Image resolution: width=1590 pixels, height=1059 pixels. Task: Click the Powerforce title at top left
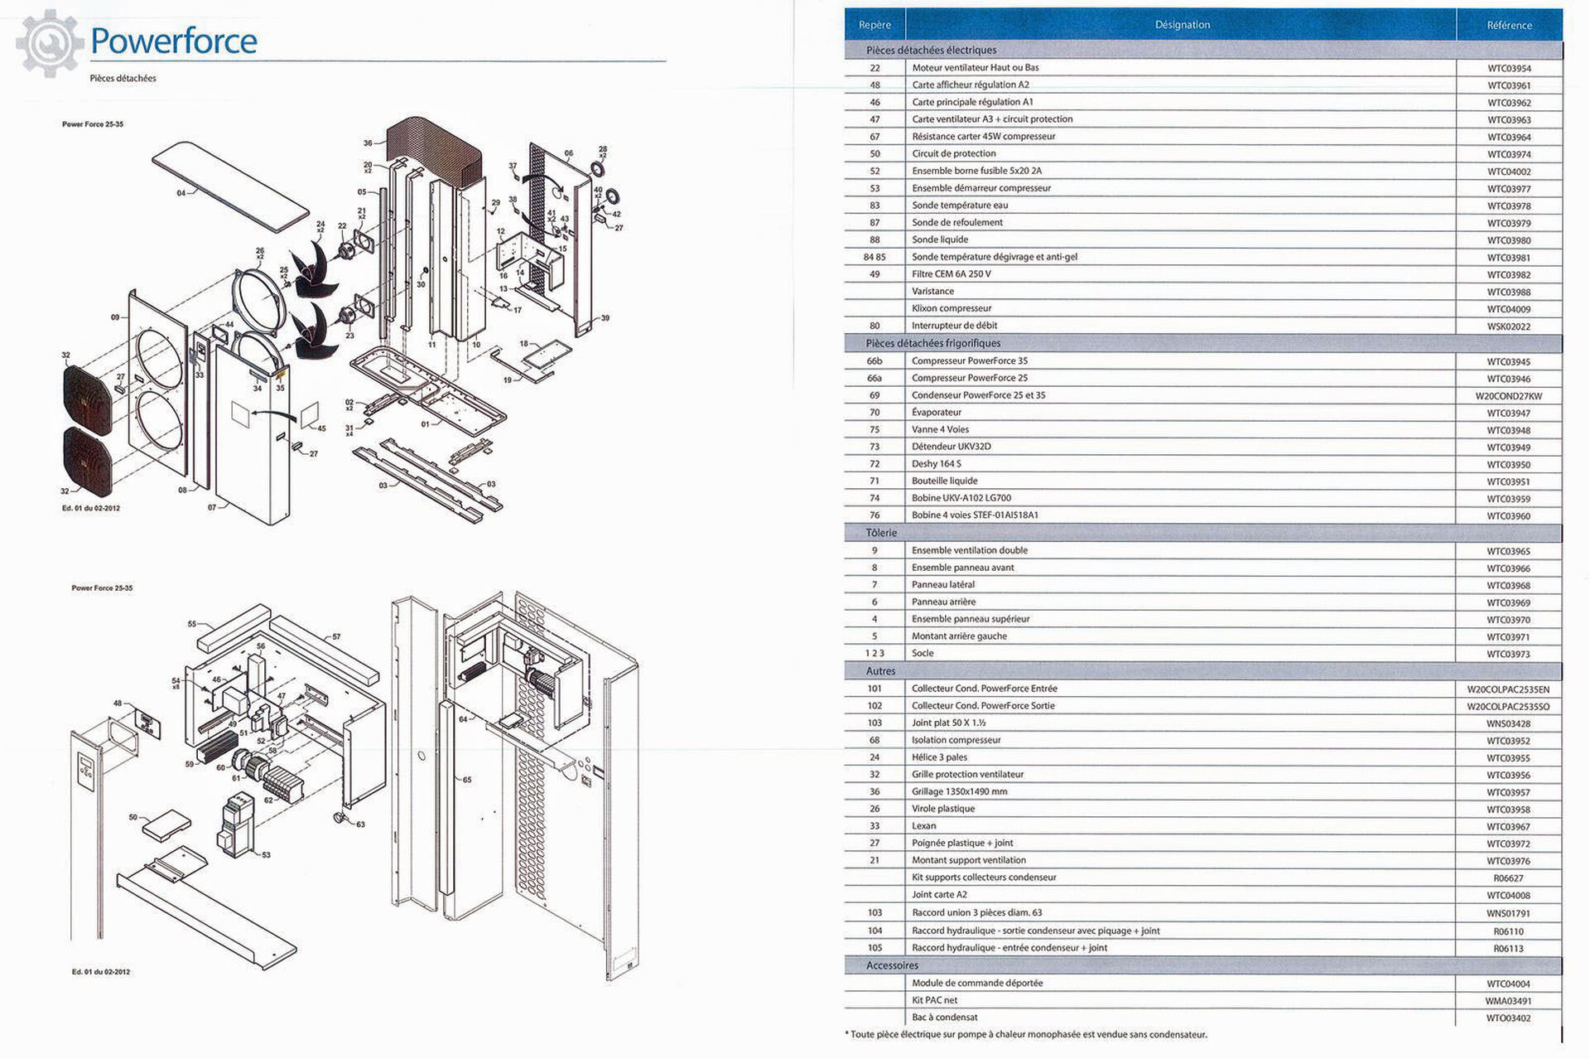click(x=174, y=41)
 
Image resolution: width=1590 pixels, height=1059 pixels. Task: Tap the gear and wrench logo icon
click(x=50, y=43)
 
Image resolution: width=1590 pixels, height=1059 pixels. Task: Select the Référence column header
click(x=1509, y=25)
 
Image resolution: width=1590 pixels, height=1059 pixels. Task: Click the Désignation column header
click(x=1182, y=25)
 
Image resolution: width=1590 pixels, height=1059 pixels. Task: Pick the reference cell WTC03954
click(x=1509, y=69)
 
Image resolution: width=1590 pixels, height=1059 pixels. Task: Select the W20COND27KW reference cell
click(x=1509, y=396)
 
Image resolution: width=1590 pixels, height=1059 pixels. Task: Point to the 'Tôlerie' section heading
click(x=881, y=533)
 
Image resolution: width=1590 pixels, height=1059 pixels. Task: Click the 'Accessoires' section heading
click(x=892, y=965)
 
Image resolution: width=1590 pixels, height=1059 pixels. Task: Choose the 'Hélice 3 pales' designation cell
click(x=939, y=757)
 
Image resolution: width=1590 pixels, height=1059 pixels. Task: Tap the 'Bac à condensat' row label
click(x=944, y=1018)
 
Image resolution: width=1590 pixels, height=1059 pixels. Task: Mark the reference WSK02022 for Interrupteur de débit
click(x=1509, y=326)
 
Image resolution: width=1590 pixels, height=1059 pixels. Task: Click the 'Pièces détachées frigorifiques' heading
click(x=932, y=343)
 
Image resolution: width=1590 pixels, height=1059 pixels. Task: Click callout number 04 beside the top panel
click(x=181, y=193)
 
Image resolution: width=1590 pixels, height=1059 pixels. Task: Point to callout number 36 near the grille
click(x=368, y=143)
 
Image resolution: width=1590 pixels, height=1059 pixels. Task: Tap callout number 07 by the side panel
click(x=212, y=507)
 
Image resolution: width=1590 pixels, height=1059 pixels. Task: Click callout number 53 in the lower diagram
click(x=266, y=855)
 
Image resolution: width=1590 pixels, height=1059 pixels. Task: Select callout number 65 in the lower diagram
click(x=467, y=780)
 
